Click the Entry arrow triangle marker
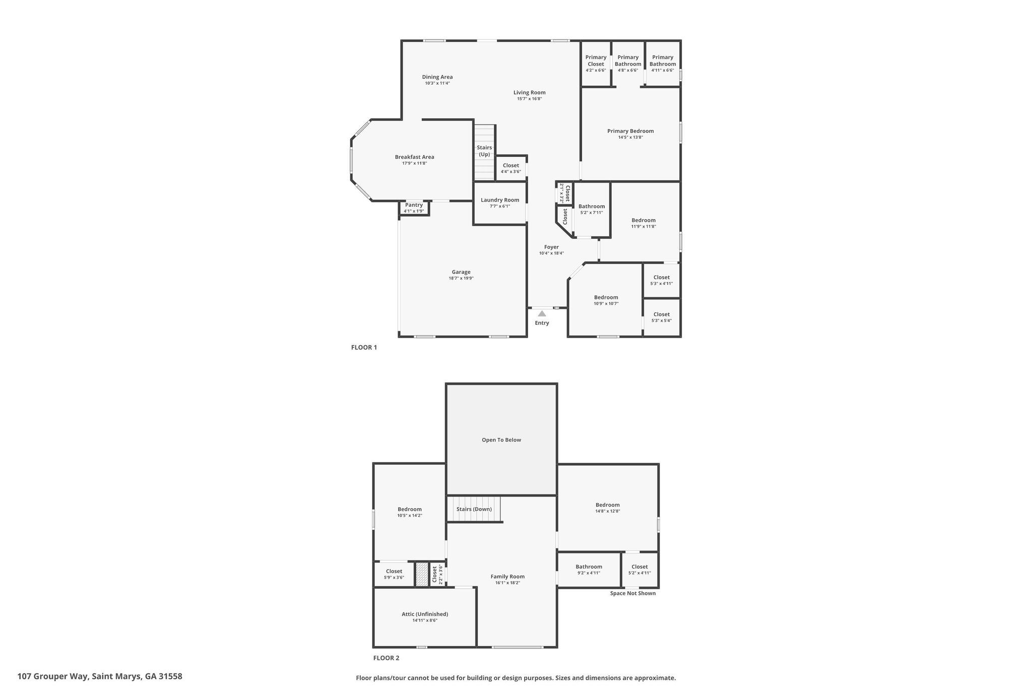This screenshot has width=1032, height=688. click(x=542, y=314)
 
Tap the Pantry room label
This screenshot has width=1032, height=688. click(x=414, y=205)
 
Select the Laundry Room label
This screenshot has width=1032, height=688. click(x=500, y=200)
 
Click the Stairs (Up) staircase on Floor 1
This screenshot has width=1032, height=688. click(x=484, y=152)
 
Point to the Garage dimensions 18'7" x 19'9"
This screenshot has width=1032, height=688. click(x=461, y=278)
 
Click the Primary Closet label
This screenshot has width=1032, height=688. click(x=596, y=60)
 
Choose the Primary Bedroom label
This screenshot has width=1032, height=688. click(x=630, y=131)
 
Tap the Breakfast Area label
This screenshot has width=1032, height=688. click(x=414, y=157)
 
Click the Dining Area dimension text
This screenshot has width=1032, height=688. click(x=437, y=83)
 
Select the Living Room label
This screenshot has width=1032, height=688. click(x=530, y=92)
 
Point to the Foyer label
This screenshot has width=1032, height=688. click(x=551, y=247)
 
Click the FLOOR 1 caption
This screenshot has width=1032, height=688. click(x=364, y=347)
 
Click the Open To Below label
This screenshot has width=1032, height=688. click(x=501, y=440)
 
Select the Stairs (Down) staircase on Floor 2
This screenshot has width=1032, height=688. click(x=474, y=509)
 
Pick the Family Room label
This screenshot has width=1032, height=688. click(x=507, y=577)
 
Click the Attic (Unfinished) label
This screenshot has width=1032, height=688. click(x=425, y=614)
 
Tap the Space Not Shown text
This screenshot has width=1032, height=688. click(x=633, y=593)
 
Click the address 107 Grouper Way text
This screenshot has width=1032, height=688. click(x=53, y=676)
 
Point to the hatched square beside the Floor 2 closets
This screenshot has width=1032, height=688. click(x=421, y=574)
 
